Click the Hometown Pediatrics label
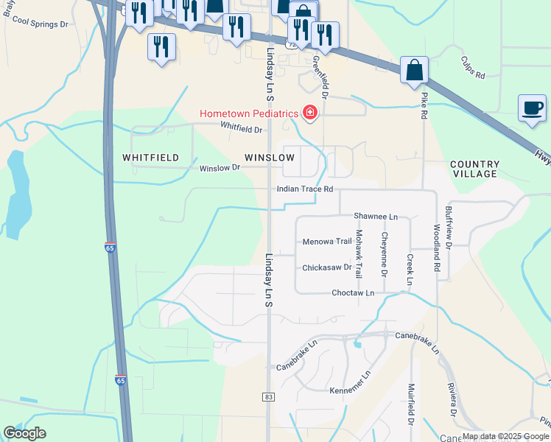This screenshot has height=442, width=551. [248, 113]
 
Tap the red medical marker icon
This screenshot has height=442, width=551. [310, 113]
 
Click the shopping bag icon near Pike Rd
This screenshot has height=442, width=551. [415, 71]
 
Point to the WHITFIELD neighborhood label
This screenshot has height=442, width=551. [150, 158]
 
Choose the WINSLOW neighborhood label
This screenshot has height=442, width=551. [270, 158]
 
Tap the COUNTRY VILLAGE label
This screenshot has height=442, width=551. [474, 169]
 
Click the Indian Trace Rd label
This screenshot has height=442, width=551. [305, 189]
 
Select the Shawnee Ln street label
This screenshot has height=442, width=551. [376, 217]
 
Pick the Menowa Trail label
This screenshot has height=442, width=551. [327, 242]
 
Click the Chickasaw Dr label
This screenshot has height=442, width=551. [327, 267]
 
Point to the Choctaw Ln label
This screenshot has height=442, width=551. [354, 292]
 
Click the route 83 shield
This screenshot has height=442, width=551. [269, 397]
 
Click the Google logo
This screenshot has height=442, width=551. [24, 433]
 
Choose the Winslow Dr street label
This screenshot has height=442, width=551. [220, 168]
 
